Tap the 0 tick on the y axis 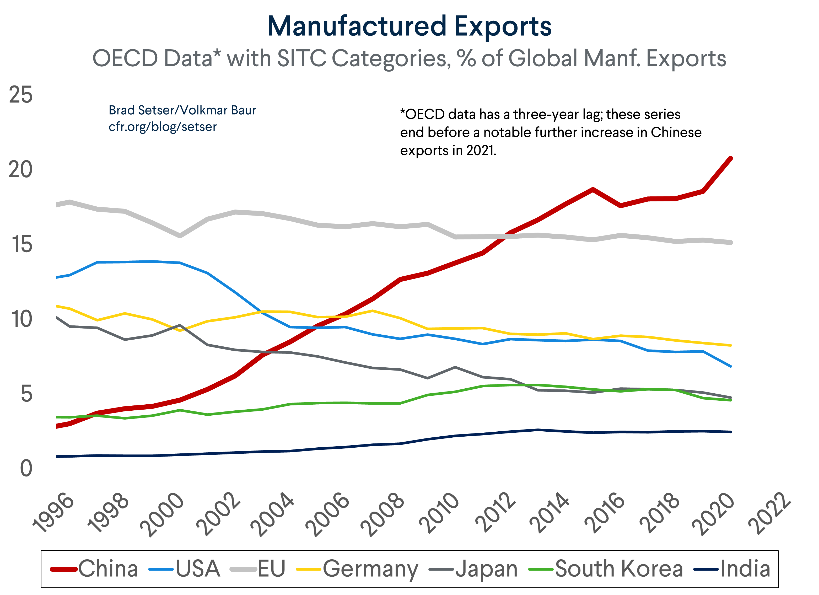coord(26,469)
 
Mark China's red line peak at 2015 coord(592,189)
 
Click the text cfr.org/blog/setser coord(163,127)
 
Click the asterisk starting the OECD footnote coord(402,112)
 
